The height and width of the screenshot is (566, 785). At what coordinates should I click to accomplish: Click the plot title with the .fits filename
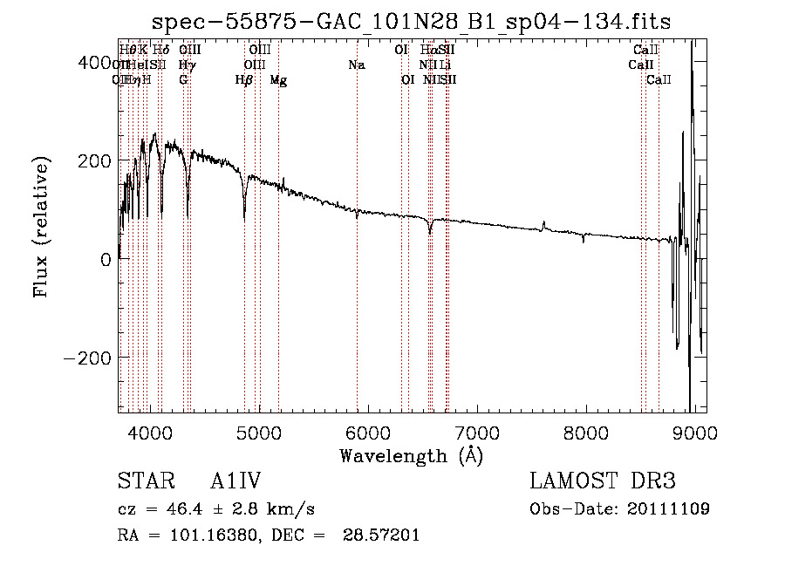pos(411,22)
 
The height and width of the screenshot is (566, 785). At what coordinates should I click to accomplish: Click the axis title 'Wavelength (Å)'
pos(411,455)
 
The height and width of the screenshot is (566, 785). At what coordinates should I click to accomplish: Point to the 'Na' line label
pos(356,65)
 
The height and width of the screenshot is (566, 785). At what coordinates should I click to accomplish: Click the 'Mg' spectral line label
pos(278,80)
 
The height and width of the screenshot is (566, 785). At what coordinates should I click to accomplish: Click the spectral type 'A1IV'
pos(235,481)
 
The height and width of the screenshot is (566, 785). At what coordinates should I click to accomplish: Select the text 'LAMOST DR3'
pos(602,481)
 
